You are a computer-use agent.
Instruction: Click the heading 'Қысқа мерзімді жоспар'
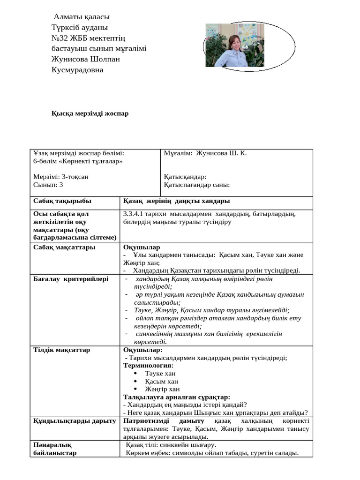(90, 113)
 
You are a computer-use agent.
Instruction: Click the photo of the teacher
(232, 45)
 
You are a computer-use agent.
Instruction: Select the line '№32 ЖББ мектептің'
(88, 38)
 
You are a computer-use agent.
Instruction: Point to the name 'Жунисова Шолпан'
(86, 59)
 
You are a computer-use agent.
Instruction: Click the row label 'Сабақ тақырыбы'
(62, 201)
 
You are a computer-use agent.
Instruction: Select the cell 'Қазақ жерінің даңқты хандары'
(176, 201)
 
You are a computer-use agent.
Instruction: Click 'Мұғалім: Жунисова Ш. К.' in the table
(205, 153)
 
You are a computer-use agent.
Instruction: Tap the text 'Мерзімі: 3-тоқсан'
(61, 177)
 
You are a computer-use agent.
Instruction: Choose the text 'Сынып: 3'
(48, 185)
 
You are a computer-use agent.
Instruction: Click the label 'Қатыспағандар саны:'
(197, 185)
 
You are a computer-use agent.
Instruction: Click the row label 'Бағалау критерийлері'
(71, 279)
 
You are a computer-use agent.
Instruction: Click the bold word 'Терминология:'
(148, 365)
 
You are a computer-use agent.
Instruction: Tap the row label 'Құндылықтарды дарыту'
(75, 421)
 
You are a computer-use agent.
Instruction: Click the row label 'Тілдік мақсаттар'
(62, 350)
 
